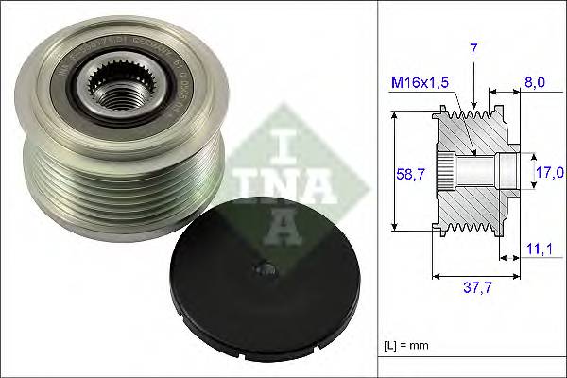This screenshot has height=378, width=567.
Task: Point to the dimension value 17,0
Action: click(x=549, y=172)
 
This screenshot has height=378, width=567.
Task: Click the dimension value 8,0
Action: click(x=534, y=83)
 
